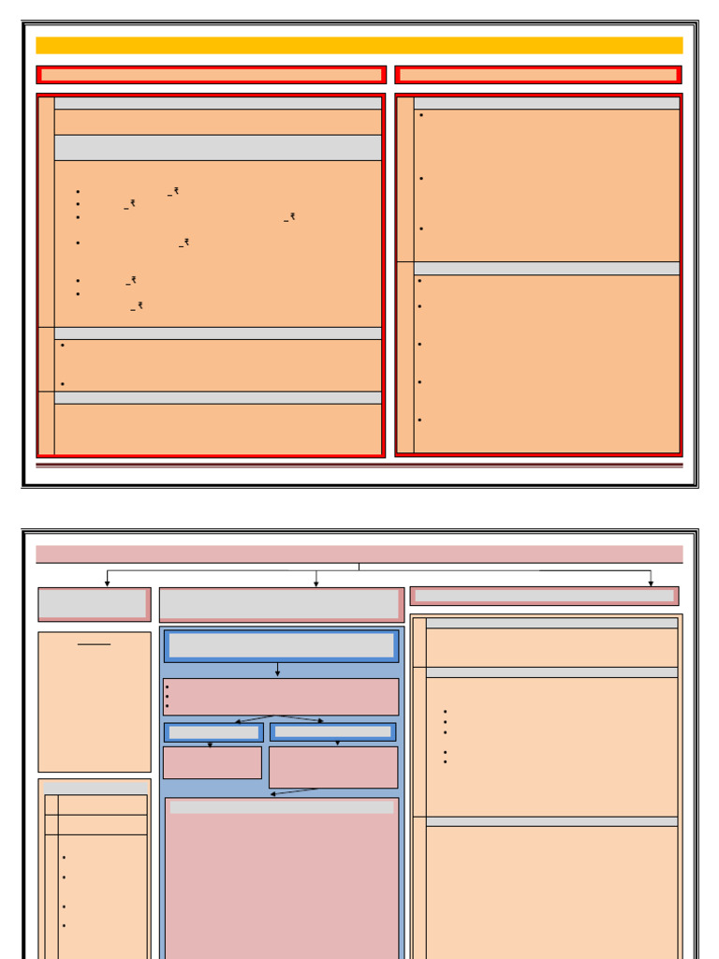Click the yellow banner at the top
click(x=359, y=45)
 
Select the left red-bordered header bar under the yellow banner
click(x=211, y=75)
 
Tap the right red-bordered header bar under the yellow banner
click(x=537, y=75)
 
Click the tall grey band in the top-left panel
click(x=217, y=147)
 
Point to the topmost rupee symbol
click(x=175, y=191)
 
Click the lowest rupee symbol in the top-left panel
click(x=139, y=305)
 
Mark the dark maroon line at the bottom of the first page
click(x=359, y=465)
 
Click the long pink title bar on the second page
click(x=359, y=553)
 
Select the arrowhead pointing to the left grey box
click(x=107, y=583)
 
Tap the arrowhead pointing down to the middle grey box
click(x=315, y=583)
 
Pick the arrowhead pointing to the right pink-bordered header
click(x=651, y=583)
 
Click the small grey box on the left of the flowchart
click(x=93, y=603)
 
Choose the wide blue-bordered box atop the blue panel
click(x=281, y=645)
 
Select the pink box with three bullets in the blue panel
click(x=281, y=697)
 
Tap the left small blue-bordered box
click(x=213, y=731)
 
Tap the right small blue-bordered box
click(x=332, y=731)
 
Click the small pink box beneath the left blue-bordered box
click(x=212, y=762)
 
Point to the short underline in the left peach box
click(x=94, y=644)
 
